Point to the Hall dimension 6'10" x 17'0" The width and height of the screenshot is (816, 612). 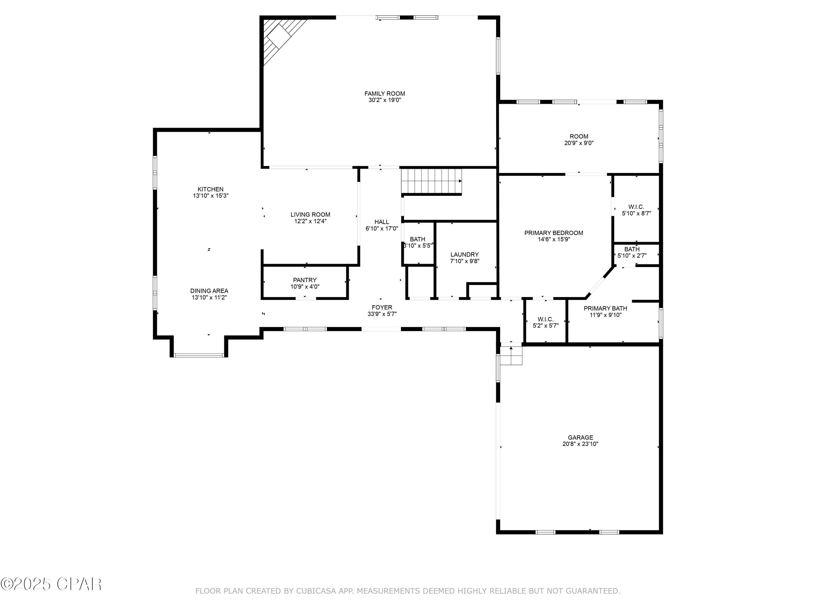[x=382, y=229]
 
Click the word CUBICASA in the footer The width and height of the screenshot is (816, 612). [x=316, y=591]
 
